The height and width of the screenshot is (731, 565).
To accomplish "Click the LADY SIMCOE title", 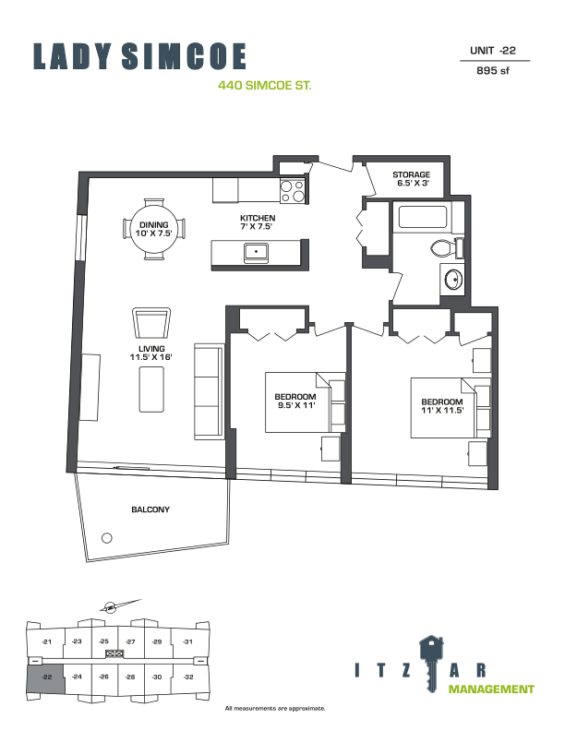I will click(x=140, y=56).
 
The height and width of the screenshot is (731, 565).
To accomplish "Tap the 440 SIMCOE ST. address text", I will click(x=264, y=86).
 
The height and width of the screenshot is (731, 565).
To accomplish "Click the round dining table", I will click(x=154, y=228).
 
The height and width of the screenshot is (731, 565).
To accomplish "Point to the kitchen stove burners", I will click(x=294, y=190).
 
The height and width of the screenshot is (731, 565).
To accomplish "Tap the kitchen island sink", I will click(x=256, y=252).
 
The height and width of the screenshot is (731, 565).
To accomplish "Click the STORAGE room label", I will click(x=411, y=174).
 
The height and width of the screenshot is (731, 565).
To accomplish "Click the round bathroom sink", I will click(x=452, y=279).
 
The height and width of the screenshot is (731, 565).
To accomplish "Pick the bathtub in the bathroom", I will click(x=421, y=218).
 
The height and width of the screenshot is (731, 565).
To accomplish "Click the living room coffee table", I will click(x=151, y=389).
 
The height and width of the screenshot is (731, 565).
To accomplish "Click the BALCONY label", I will click(x=151, y=509).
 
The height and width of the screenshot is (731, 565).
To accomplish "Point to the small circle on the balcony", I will click(x=106, y=538).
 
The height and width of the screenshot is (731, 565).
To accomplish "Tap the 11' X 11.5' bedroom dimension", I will click(x=441, y=407).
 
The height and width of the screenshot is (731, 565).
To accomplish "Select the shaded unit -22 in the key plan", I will click(x=46, y=678).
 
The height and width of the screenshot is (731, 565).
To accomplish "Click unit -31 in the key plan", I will click(x=187, y=641).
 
